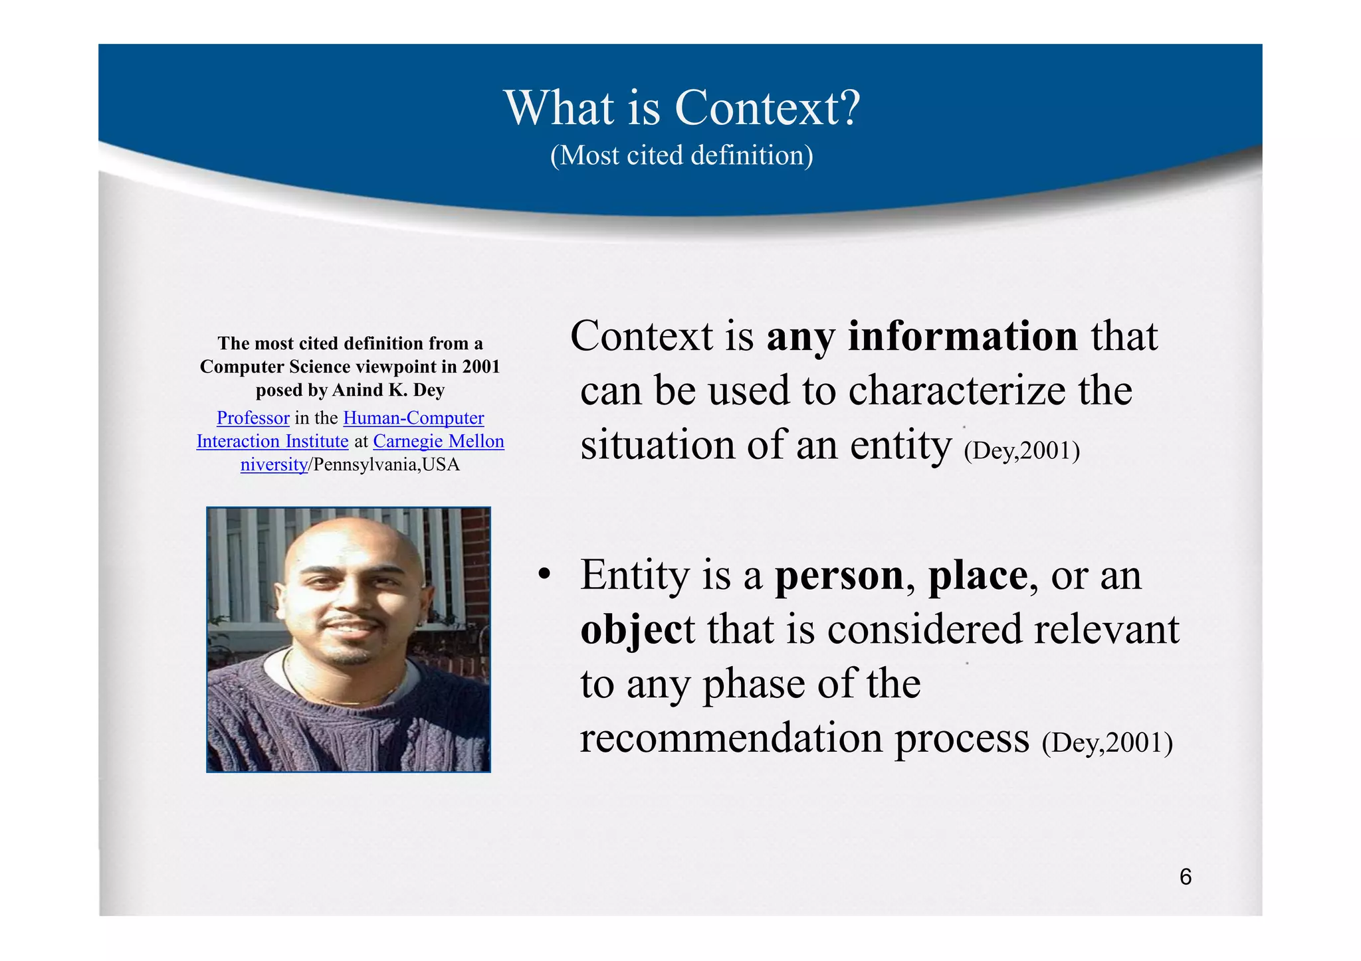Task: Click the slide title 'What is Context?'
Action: tap(682, 108)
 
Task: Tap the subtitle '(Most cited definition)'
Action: tap(682, 155)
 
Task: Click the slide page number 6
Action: tap(1185, 877)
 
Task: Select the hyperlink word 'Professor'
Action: tap(253, 418)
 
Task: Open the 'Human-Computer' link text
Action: tap(413, 418)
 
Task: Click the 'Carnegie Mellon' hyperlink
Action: tap(439, 441)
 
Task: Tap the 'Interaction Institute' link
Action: tap(272, 441)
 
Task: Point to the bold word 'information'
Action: tap(962, 336)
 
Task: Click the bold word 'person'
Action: tap(839, 575)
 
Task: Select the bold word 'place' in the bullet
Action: tap(978, 575)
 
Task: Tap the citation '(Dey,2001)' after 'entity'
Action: tap(1021, 451)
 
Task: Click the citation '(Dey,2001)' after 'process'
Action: tap(1107, 743)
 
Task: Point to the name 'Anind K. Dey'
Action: tap(388, 390)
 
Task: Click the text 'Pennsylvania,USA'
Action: tap(386, 464)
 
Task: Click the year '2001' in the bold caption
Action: tap(480, 367)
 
